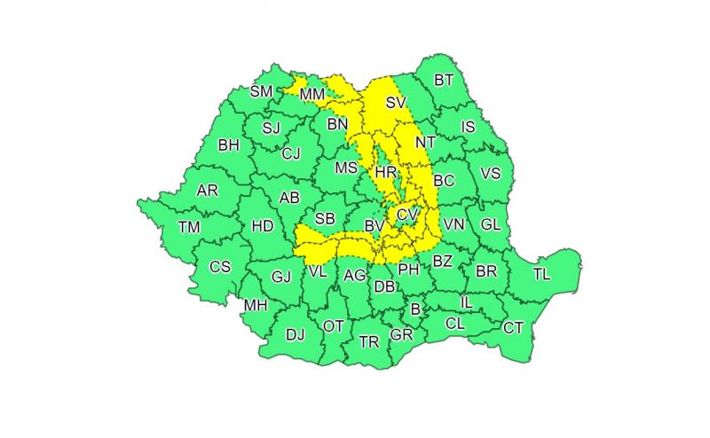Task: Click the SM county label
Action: (261, 91)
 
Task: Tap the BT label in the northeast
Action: (444, 81)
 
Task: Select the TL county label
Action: (541, 274)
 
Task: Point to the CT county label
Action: (513, 327)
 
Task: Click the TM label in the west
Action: (188, 227)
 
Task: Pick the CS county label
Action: (219, 266)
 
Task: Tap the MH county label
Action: (256, 306)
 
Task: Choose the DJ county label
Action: (295, 334)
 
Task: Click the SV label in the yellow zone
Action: (396, 104)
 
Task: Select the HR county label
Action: (386, 172)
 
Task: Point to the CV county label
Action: (406, 215)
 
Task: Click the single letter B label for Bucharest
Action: (414, 309)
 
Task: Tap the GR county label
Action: (402, 334)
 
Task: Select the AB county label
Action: (289, 198)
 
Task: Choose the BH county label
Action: (228, 145)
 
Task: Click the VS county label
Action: (490, 173)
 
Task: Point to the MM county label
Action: (312, 94)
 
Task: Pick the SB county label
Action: (325, 218)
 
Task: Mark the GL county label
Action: (491, 224)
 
